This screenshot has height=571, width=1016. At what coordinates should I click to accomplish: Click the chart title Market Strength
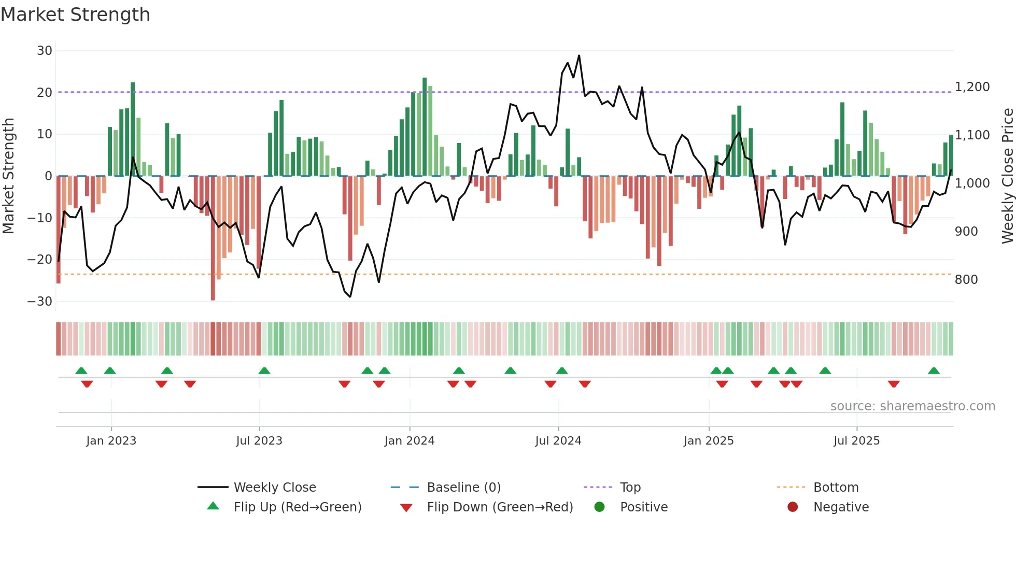(75, 15)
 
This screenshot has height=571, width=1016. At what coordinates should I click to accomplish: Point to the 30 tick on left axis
(45, 51)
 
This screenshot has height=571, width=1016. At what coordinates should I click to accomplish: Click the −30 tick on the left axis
(40, 302)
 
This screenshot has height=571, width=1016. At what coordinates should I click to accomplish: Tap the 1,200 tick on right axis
(972, 87)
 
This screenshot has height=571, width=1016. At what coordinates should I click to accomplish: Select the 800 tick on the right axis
(966, 280)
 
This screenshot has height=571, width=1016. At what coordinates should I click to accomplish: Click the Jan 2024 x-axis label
(409, 441)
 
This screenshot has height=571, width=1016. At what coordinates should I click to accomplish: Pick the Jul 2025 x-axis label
(856, 441)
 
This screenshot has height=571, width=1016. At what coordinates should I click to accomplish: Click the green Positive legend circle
(599, 507)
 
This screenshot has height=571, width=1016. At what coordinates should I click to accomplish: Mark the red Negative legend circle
(793, 507)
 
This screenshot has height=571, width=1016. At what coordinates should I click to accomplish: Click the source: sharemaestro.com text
(912, 406)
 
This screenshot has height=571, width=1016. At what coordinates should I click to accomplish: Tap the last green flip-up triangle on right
(934, 371)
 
